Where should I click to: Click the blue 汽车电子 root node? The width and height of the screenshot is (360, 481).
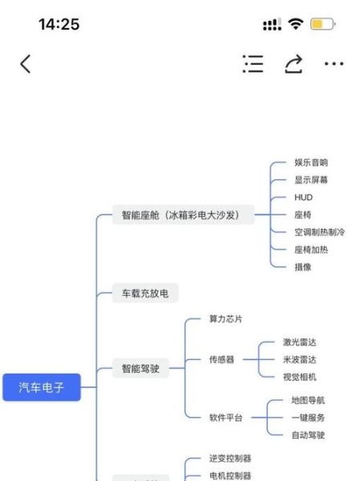click(41, 388)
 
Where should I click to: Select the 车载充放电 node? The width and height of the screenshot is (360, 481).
click(145, 293)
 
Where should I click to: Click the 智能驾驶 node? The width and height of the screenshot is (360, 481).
click(140, 369)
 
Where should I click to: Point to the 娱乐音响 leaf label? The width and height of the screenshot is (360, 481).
click(311, 163)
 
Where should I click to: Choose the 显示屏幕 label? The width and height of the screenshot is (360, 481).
click(311, 180)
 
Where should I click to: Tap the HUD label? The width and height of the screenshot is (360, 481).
click(303, 197)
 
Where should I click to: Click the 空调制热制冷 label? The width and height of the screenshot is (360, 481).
click(319, 232)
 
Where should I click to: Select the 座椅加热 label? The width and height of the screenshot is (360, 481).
click(311, 249)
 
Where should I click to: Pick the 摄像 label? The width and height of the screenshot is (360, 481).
click(303, 267)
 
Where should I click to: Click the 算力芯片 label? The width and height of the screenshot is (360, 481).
click(225, 318)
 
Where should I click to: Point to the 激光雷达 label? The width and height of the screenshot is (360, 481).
click(300, 342)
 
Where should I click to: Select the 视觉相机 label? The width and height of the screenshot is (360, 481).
click(300, 377)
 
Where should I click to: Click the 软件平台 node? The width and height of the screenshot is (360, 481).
click(225, 418)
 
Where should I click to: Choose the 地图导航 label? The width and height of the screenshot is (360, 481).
click(308, 400)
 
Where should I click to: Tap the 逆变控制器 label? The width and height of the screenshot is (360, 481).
click(230, 459)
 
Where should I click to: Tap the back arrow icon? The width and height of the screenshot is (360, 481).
click(26, 64)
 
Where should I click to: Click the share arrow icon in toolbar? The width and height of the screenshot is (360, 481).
click(293, 64)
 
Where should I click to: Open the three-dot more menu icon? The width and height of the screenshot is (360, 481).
click(334, 64)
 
